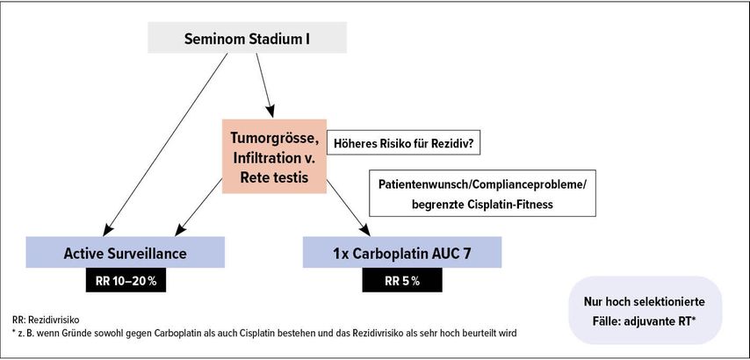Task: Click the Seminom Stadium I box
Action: coord(247,38)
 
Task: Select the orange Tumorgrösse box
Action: coord(274,156)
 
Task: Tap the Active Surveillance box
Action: coord(126,252)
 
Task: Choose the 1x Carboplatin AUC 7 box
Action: coord(402,252)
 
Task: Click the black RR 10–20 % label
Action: coord(126,281)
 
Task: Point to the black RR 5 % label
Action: coord(402,281)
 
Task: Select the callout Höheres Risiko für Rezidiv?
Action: coord(403,142)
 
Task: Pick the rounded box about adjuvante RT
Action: coord(645,310)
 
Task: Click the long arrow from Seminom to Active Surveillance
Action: coord(165,144)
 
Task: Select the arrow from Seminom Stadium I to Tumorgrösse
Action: coord(265,85)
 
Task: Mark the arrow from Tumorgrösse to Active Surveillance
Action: coord(198,207)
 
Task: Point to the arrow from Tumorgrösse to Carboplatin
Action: coord(348,207)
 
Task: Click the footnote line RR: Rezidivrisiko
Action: coord(45,320)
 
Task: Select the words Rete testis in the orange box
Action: coord(274,176)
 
